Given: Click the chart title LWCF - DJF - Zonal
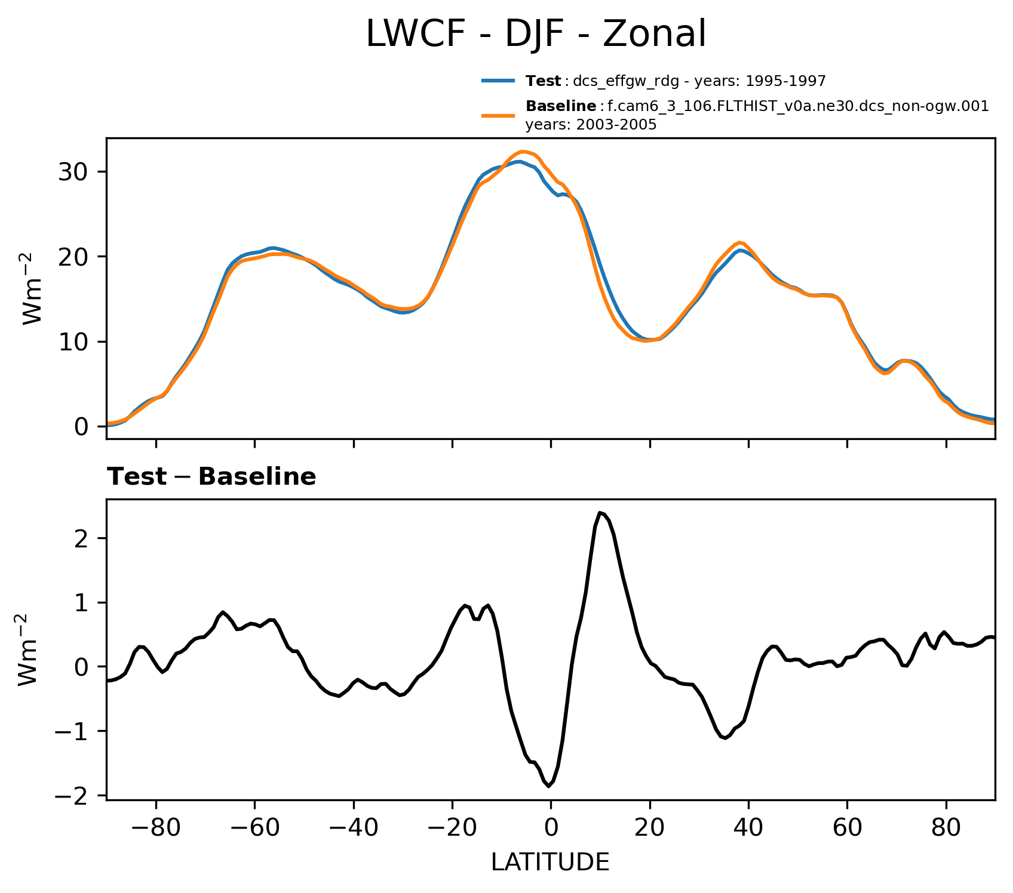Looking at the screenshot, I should pos(536,34).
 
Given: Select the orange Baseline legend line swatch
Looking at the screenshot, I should pos(498,115).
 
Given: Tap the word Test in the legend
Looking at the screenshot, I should pos(542,81).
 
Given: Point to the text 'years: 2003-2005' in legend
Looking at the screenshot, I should pos(591,125).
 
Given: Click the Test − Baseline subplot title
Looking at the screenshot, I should pos(211,477).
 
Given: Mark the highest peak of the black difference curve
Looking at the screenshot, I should pos(600,513).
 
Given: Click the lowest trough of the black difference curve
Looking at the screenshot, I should pos(548,786).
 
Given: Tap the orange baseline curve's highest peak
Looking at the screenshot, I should pos(523,152).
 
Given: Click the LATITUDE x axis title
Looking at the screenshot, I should pos(550,863).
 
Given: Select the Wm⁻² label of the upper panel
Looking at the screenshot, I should pos(33,288).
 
